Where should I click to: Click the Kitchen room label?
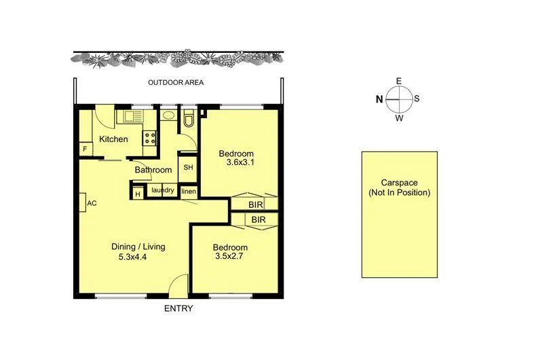113,139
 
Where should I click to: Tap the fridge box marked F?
86,149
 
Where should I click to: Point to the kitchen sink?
129,117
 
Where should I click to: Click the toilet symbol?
189,120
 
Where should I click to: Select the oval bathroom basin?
168,116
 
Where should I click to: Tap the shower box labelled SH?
188,168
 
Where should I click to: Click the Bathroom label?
153,170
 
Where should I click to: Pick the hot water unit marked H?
137,194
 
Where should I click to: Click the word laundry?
163,190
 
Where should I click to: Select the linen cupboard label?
188,191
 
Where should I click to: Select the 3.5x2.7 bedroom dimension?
229,257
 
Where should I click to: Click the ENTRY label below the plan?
179,308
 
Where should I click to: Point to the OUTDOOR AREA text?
176,83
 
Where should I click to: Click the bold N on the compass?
379,98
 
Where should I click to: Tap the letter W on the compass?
399,117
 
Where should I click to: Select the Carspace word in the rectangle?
399,183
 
